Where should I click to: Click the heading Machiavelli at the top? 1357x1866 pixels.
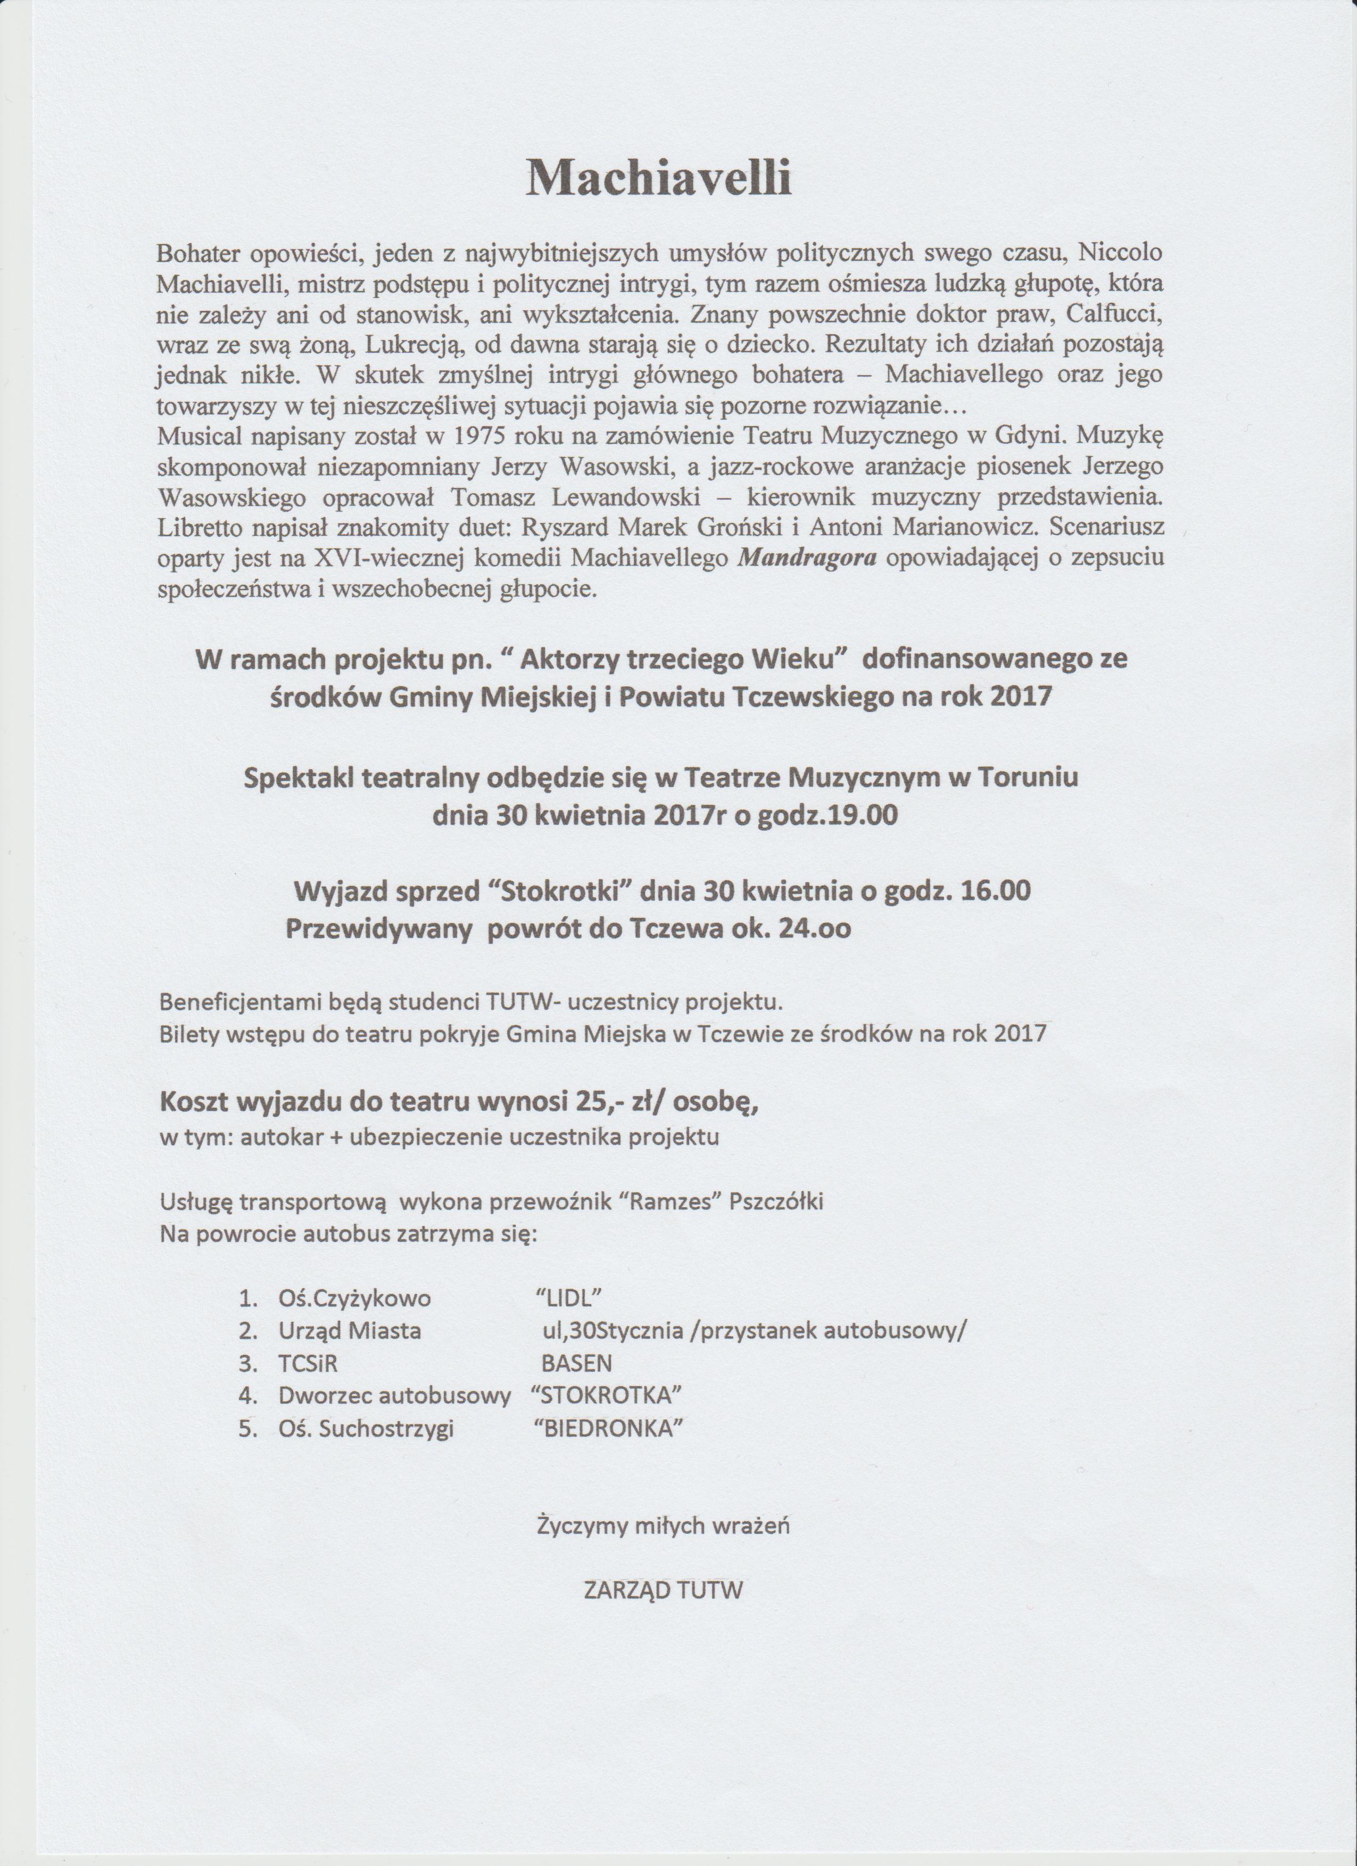[x=658, y=177]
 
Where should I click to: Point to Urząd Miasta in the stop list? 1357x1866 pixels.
[x=350, y=1330]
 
